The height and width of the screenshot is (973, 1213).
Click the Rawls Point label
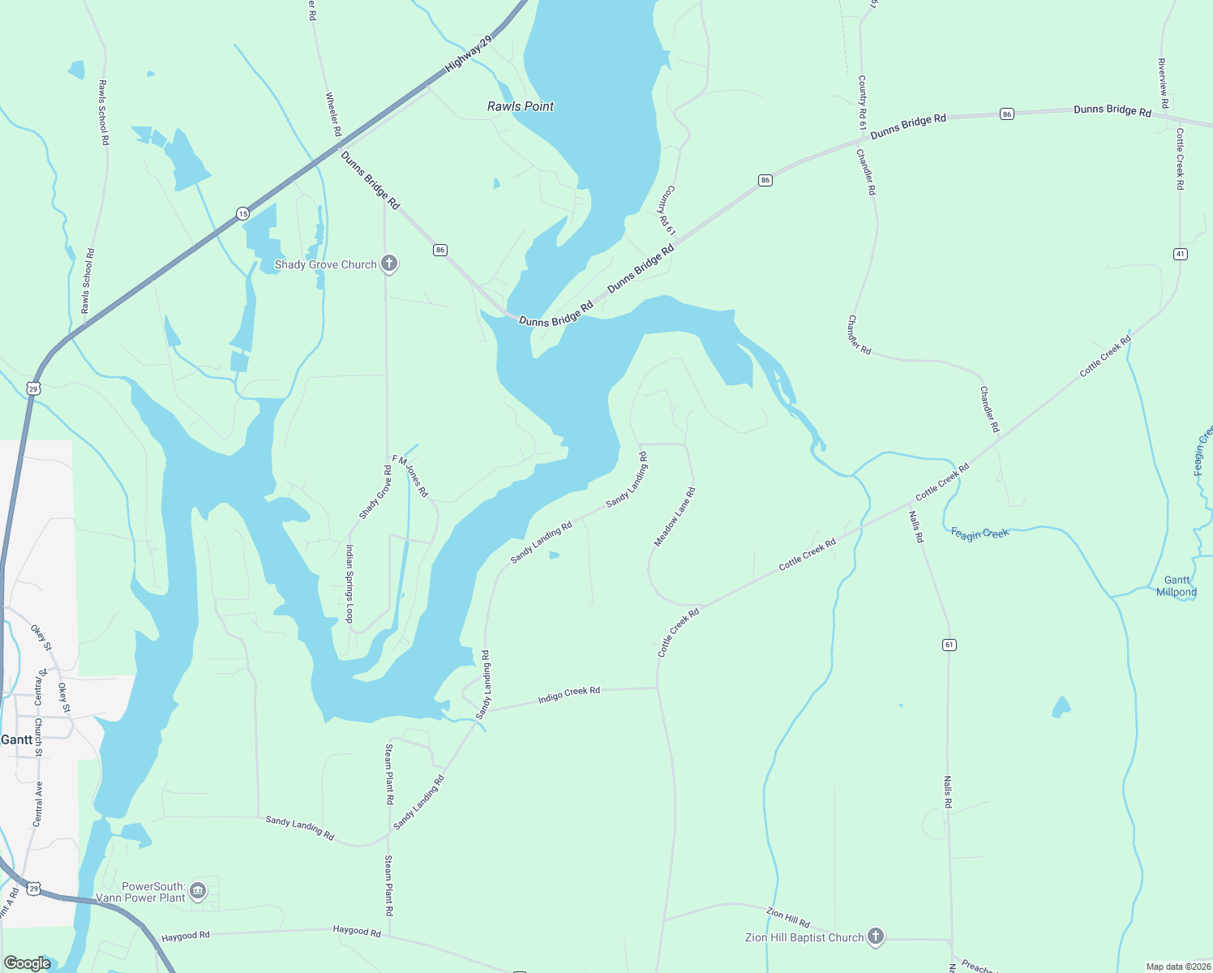point(521,106)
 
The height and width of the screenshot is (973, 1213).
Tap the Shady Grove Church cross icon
point(389,264)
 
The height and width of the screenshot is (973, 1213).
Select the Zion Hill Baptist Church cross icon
point(875,937)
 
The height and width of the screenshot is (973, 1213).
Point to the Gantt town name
point(17,739)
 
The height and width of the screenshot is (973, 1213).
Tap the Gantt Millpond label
point(1177,586)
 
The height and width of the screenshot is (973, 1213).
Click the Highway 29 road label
point(469,54)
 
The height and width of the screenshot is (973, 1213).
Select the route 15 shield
point(243,213)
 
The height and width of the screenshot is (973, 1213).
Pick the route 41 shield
point(1180,254)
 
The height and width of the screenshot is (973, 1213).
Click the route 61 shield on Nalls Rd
point(949,645)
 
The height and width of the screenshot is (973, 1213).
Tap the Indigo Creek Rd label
point(569,694)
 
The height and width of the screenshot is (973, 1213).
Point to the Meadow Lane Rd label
point(675,517)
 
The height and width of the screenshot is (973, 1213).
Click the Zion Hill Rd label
point(788,918)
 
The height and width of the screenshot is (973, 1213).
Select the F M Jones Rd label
point(410,476)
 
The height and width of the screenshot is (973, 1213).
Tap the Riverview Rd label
point(1162,84)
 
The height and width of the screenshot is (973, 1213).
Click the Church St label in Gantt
point(38,737)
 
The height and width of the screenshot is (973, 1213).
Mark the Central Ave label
point(38,804)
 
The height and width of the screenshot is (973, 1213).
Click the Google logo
point(28,963)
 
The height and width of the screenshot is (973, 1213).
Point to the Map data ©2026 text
point(1177,967)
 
